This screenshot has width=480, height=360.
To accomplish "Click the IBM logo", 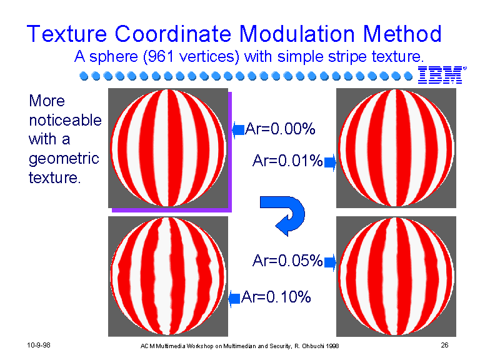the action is click(x=442, y=75).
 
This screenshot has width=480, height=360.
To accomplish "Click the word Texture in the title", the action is click(x=67, y=34).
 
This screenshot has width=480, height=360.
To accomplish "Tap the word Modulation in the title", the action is click(x=297, y=34).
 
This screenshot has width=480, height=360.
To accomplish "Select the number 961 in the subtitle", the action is click(x=158, y=57).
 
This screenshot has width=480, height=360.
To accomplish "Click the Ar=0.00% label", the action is click(x=280, y=129).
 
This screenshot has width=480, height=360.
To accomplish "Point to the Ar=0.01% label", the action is click(x=287, y=161).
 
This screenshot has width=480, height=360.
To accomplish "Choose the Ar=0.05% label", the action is click(x=287, y=261).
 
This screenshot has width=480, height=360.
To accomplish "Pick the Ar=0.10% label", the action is click(x=276, y=297).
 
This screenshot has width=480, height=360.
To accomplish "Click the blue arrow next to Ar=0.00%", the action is click(x=238, y=130).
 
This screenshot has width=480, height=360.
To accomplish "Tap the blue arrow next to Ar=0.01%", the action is click(x=330, y=162).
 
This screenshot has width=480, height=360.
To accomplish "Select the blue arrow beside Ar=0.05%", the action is click(x=330, y=262).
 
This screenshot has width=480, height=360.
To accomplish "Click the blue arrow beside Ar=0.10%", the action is click(x=234, y=299).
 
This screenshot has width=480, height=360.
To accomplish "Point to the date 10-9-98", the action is click(x=39, y=345).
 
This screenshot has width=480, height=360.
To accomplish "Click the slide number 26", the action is click(x=444, y=345).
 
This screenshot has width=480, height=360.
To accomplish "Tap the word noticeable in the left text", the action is click(x=65, y=120).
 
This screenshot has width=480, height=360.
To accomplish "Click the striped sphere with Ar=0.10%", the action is click(x=168, y=276).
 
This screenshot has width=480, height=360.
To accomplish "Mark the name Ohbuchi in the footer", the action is click(x=313, y=346).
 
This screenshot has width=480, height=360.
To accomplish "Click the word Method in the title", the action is click(x=402, y=34).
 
